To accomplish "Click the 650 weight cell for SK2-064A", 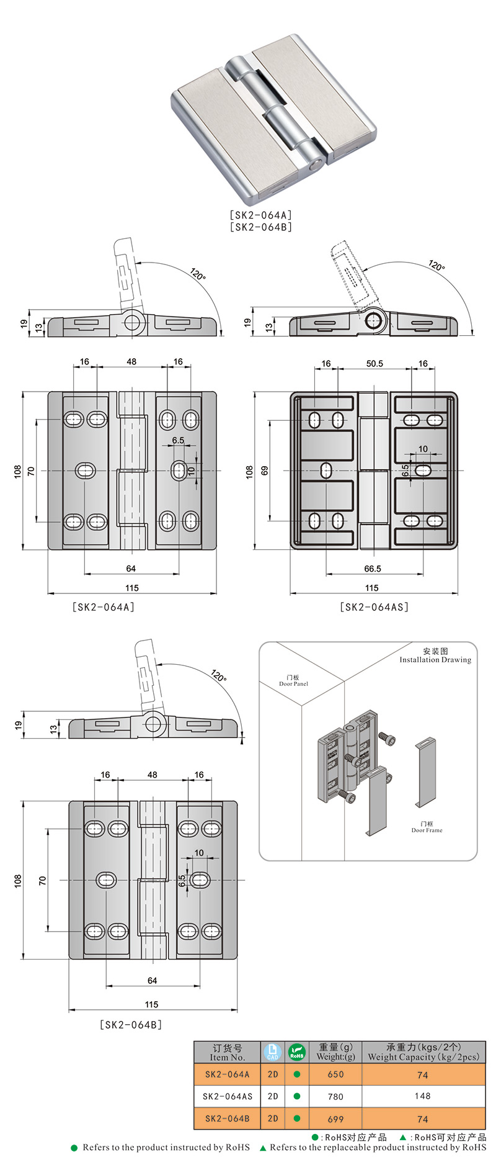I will [x=335, y=1074].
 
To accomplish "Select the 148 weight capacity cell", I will [x=423, y=1096].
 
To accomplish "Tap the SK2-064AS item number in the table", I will [x=228, y=1097].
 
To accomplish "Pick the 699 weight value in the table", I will [x=335, y=1119].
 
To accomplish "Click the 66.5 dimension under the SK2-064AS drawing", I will [x=373, y=569].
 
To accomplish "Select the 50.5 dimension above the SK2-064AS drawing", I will [x=374, y=364].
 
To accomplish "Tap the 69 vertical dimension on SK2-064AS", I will [x=265, y=471].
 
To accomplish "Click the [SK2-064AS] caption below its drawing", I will [x=374, y=607].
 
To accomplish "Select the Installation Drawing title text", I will [x=435, y=660].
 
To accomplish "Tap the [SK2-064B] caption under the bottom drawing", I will [x=131, y=1025].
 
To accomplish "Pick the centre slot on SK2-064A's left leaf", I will [x=86, y=470].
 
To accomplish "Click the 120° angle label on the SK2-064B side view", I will [x=218, y=676].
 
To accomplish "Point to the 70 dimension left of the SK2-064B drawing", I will [x=42, y=880].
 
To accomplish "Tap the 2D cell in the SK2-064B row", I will [x=273, y=1119].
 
